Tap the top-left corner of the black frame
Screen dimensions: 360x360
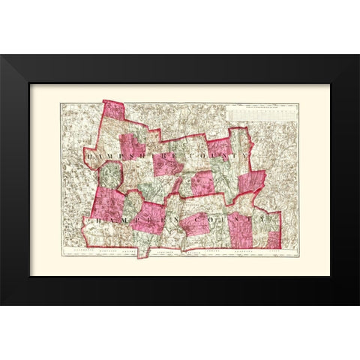1,55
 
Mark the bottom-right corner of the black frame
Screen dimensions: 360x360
358,304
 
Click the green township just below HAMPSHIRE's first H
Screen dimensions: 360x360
109,175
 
